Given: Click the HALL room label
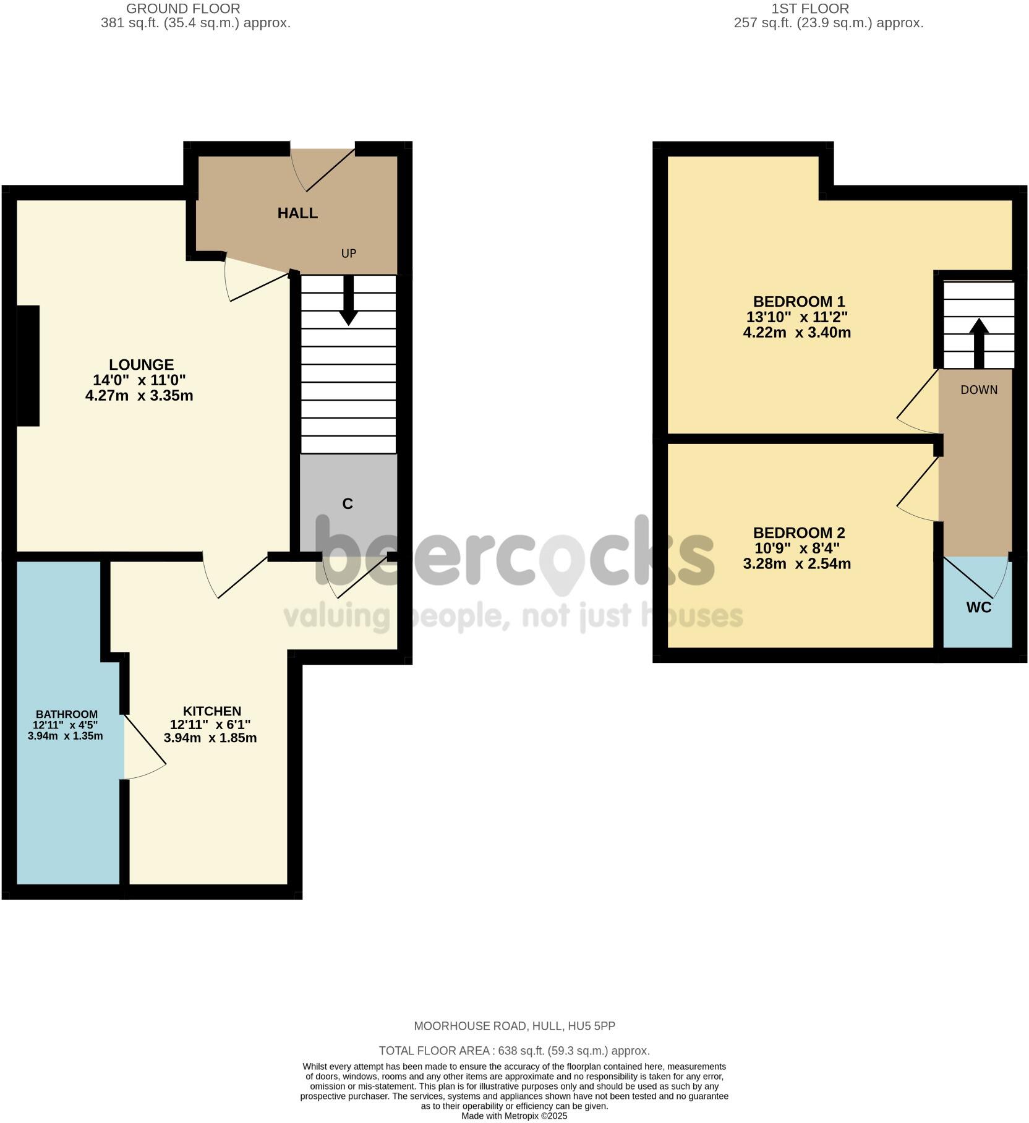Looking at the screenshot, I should click(297, 213).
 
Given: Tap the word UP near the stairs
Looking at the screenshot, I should click(349, 254).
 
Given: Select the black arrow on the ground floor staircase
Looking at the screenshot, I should click(349, 302).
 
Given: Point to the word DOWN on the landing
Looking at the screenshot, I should click(979, 390).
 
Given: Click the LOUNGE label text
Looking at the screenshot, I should click(141, 365).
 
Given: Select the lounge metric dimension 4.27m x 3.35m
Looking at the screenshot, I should click(139, 396).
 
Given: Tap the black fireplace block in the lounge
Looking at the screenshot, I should click(28, 365).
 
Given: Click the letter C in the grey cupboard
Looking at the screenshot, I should click(348, 504).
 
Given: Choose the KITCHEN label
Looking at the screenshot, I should click(211, 711).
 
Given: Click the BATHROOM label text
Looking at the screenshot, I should click(66, 714).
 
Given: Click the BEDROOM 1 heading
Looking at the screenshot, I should click(798, 302).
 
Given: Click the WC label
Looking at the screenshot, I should click(978, 607).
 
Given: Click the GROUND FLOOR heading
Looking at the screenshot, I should click(183, 9).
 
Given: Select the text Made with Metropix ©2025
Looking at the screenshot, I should click(514, 1116).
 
